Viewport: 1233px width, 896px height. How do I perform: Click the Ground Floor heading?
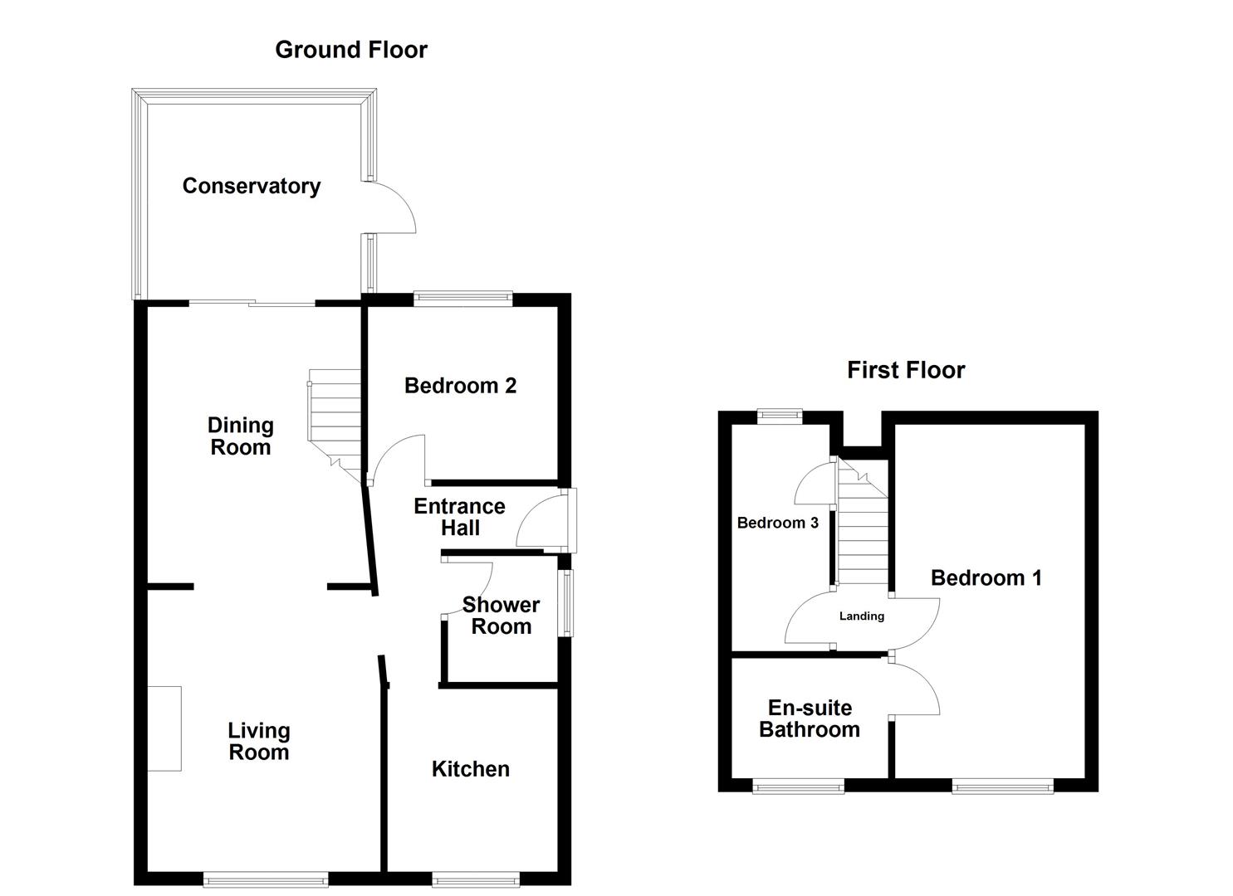[x=350, y=50]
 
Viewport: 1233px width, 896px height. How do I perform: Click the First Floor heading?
[x=905, y=370]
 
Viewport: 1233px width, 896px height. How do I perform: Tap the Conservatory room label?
[x=251, y=186]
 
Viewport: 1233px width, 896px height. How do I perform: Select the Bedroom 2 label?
[x=460, y=386]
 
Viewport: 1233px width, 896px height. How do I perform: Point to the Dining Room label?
[x=240, y=436]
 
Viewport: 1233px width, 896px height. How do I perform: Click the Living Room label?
[x=259, y=742]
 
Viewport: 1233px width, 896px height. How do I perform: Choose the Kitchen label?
[x=470, y=769]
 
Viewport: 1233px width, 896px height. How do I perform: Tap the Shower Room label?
[x=501, y=616]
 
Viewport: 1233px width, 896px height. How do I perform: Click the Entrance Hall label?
[x=459, y=517]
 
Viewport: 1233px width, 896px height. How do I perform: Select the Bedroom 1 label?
[x=986, y=578]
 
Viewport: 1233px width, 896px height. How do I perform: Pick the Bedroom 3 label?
[x=777, y=523]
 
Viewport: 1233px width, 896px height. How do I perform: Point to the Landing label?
[x=861, y=616]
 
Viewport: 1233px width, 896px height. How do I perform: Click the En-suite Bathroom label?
[x=809, y=718]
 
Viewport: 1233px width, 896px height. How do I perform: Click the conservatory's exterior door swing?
[x=390, y=207]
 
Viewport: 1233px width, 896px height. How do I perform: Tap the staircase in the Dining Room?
[x=335, y=423]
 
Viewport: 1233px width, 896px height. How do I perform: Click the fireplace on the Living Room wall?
[x=164, y=728]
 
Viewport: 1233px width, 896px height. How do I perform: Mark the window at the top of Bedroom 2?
[x=463, y=299]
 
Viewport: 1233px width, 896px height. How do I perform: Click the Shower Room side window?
[x=565, y=602]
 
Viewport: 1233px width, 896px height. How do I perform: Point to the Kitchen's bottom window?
[x=476, y=879]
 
